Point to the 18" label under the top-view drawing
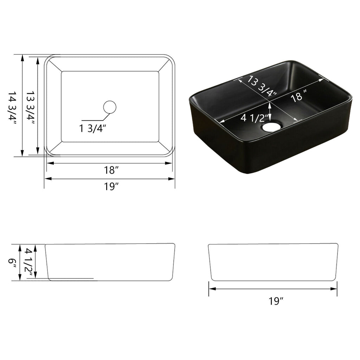click(x=111, y=171)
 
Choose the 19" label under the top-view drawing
click(x=111, y=187)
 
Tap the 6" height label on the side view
click(x=13, y=263)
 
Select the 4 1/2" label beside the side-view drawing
click(x=29, y=262)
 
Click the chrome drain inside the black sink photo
click(x=271, y=126)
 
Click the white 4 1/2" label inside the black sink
click(x=255, y=118)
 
